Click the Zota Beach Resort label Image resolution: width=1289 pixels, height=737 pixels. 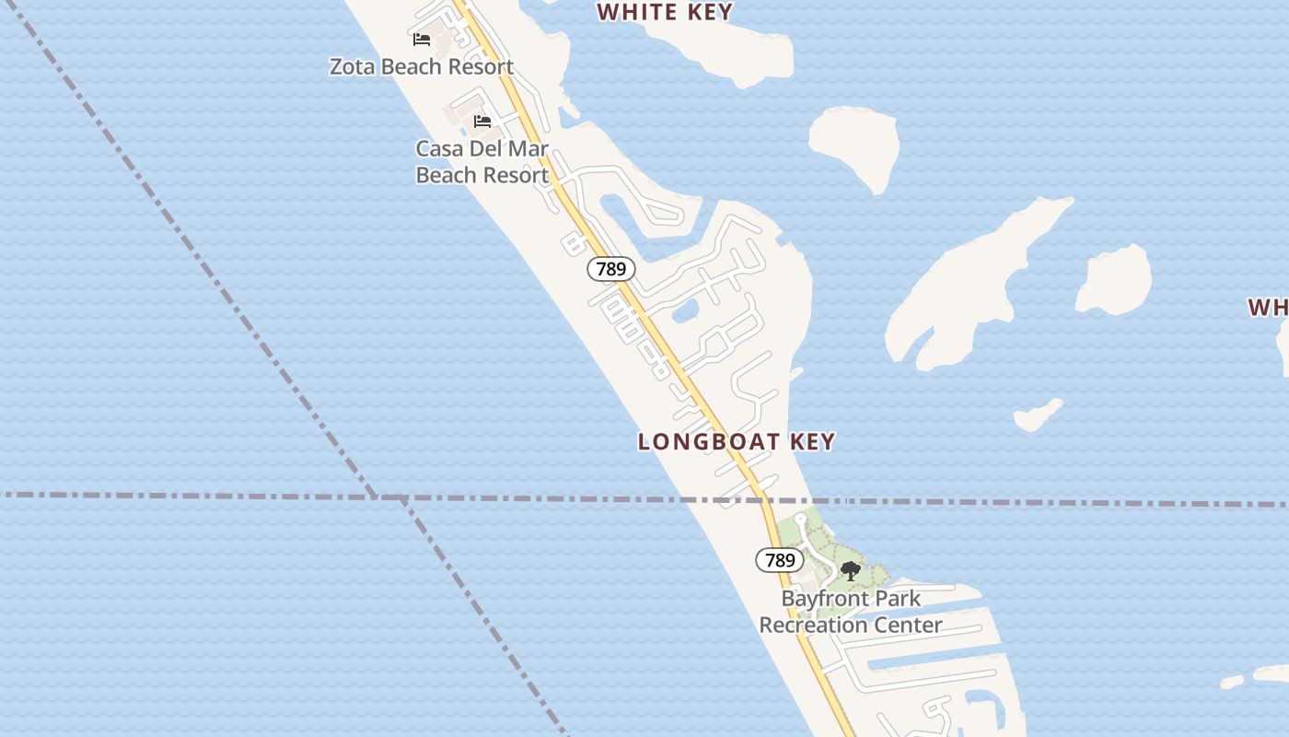pos(422,67)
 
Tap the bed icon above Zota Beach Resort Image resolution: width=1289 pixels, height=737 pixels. pos(422,40)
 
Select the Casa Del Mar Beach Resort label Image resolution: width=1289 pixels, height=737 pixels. pos(482,161)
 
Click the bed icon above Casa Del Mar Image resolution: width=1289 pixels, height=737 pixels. pos(482,122)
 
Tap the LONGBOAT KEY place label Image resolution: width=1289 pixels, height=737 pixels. pos(737,442)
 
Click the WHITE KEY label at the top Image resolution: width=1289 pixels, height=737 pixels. pos(665,12)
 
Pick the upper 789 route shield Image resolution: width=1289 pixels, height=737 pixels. pos(611,269)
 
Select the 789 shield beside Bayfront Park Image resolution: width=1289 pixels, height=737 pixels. pos(780,559)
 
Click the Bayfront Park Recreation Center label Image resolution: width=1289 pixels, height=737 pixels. pos(850,612)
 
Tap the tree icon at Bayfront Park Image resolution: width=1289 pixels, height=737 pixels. pos(851,571)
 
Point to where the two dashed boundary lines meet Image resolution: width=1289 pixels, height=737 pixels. pos(377,497)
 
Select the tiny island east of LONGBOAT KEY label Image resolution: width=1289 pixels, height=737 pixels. pos(1038,415)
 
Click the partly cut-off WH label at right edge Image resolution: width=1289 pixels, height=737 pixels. pos(1268,307)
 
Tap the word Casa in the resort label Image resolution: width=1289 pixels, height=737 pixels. pos(437,148)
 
